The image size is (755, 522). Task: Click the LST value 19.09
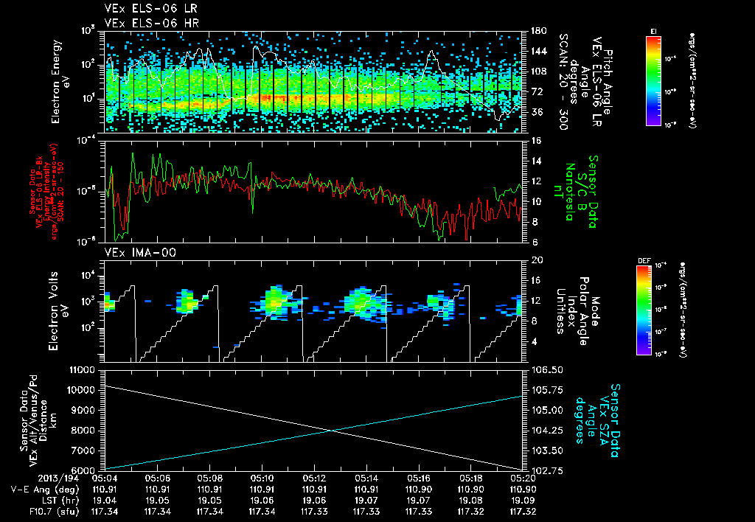pos(523,499)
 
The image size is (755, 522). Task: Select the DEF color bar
pos(642,309)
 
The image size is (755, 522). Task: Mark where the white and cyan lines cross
pos(331,430)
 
